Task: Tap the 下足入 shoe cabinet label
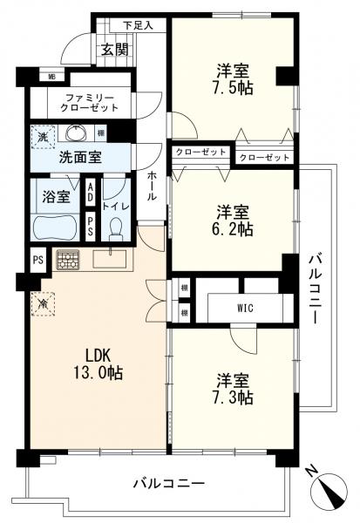(138, 25)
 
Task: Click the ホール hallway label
(153, 186)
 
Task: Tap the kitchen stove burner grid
(67, 258)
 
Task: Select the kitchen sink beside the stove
(111, 258)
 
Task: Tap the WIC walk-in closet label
(244, 307)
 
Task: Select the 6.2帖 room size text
(234, 231)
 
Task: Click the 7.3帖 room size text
(234, 397)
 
